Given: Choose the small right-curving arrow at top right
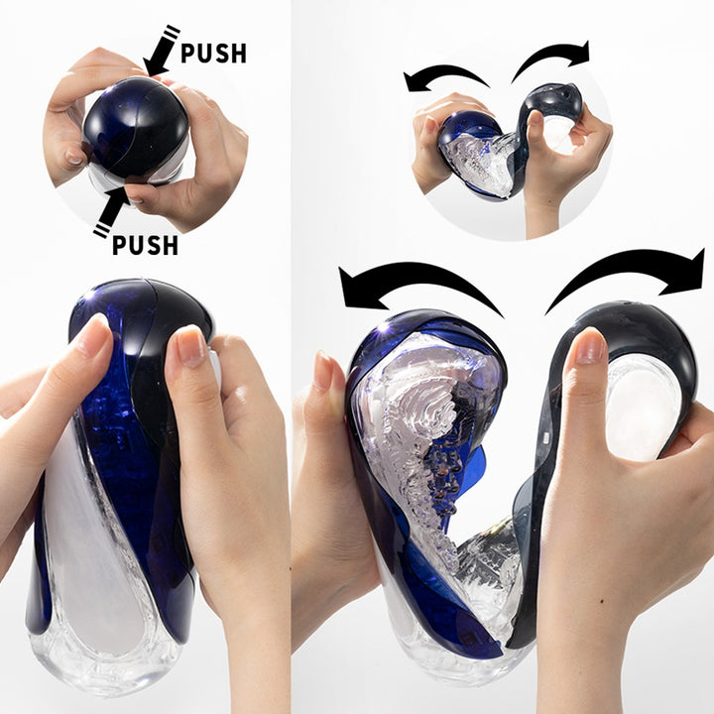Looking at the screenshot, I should tap(551, 59).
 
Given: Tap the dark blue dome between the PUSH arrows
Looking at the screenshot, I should tap(134, 127).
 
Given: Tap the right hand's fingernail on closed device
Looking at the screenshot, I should tap(190, 347).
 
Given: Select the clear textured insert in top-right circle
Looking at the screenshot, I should tap(476, 164).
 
